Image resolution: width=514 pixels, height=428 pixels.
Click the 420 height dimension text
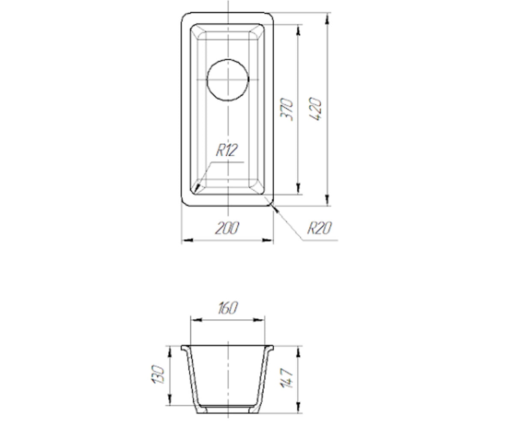315,109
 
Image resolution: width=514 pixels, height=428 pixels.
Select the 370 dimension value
287,109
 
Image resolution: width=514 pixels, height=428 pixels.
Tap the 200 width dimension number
227,228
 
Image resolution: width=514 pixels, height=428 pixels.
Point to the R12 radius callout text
227,150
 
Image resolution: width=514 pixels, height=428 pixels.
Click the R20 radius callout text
320,228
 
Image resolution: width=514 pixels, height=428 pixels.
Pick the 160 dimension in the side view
228,308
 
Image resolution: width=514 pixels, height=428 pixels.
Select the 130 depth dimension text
158,374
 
